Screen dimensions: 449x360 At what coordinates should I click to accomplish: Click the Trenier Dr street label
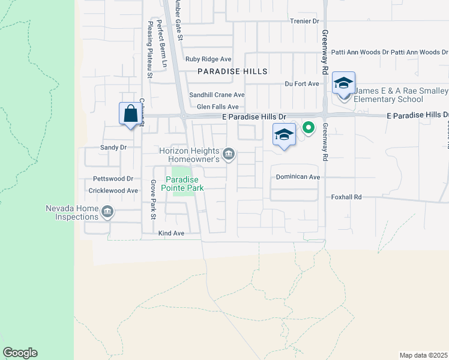coord(304,21)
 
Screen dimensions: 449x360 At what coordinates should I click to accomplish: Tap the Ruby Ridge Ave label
coord(208,59)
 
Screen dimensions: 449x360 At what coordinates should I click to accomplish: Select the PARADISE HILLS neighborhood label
coord(233,71)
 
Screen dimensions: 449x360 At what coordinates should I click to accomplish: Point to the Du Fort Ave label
coord(302,84)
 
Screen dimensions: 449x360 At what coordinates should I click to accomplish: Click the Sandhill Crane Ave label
coord(217,95)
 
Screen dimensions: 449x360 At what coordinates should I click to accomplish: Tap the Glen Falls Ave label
coord(222,106)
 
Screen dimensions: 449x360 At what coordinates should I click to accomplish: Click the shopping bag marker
coord(131,114)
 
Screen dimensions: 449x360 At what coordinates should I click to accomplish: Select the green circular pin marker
coord(309,127)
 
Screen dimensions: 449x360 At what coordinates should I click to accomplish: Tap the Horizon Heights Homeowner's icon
coord(228,155)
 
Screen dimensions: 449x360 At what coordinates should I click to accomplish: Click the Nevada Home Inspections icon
coord(107,212)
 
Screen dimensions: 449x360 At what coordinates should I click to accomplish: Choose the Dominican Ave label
coord(298,177)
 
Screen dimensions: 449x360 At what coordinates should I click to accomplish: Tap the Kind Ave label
coord(170,233)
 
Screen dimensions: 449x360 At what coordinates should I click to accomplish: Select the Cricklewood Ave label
coord(113,190)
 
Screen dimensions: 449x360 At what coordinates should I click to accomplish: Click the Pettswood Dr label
coord(113,179)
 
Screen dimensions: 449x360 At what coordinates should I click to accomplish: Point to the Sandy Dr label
coord(113,147)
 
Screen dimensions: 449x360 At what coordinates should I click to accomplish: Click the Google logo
coord(20,353)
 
